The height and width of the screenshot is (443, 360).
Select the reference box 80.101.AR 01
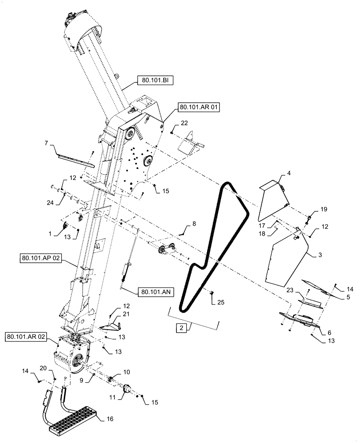199,107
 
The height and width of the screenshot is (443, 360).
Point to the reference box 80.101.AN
156,292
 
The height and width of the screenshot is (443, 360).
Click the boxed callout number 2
181,328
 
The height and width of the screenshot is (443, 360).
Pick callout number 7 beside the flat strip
46,144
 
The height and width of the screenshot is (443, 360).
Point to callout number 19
323,209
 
